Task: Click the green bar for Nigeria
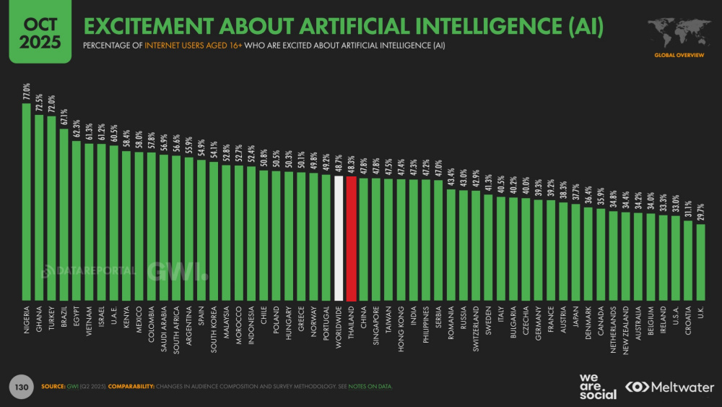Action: click(x=27, y=202)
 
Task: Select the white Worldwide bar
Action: click(x=338, y=238)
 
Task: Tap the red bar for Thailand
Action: click(x=351, y=239)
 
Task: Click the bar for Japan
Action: click(x=575, y=252)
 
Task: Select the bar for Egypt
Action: click(x=77, y=220)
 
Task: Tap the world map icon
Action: click(x=675, y=31)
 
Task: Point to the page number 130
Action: click(x=21, y=387)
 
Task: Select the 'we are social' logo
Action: click(x=597, y=387)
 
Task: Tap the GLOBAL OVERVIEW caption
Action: click(x=675, y=55)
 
